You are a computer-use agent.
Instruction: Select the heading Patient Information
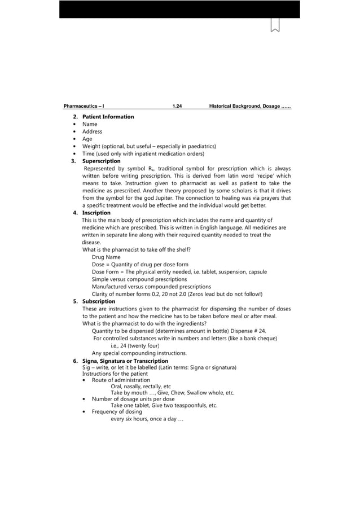[x=108, y=117]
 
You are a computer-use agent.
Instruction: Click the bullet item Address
[x=92, y=131]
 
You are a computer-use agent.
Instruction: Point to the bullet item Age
[x=87, y=139]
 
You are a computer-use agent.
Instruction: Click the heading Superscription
[x=101, y=161]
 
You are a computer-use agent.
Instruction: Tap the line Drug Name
[x=106, y=257]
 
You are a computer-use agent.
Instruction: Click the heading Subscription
[x=99, y=301]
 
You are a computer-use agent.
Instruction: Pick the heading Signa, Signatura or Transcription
[x=125, y=361]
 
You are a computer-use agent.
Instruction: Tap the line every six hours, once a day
[x=147, y=419]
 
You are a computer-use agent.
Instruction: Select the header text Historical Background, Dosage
[x=249, y=106]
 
